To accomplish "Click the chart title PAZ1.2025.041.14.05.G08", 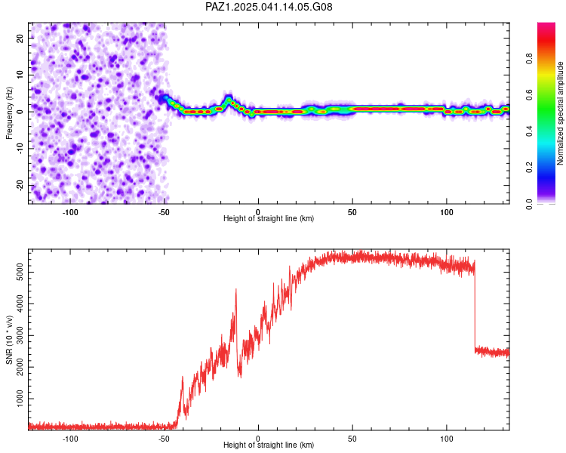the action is (x=269, y=7).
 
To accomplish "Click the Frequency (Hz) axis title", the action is (x=9, y=113).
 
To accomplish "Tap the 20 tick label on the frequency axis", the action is (x=20, y=38).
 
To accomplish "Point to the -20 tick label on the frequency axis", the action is (x=20, y=185).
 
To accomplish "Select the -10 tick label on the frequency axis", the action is (x=20, y=149).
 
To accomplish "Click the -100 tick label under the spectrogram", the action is (x=70, y=212).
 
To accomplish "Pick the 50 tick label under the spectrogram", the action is (x=352, y=212).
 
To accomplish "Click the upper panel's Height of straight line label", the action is (x=269, y=218).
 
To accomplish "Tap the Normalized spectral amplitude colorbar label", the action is (x=560, y=113).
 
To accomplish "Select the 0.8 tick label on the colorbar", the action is (x=530, y=58).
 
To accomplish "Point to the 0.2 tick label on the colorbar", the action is (x=530, y=168).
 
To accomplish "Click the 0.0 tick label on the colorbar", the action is (x=530, y=204).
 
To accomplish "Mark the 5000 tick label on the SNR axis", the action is (x=20, y=272).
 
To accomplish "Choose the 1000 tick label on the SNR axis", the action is (x=20, y=399).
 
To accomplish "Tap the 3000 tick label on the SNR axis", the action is (x=20, y=335).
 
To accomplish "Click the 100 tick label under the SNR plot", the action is (x=447, y=439).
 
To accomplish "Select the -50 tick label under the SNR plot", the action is (x=164, y=439).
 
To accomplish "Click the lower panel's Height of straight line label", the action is (x=269, y=445).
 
